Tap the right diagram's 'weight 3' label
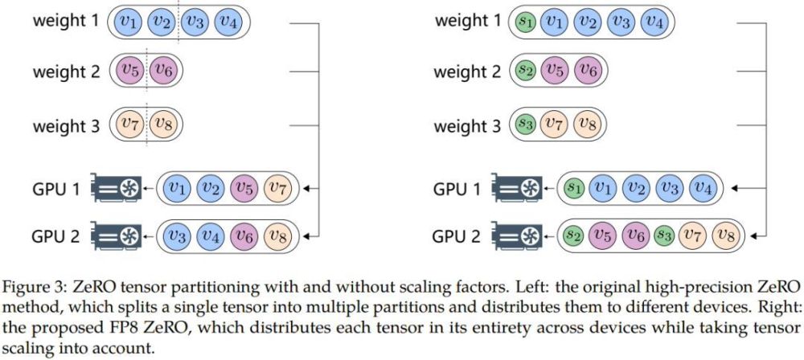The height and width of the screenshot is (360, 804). pyautogui.click(x=467, y=125)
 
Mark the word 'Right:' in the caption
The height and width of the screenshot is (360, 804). pyautogui.click(x=779, y=305)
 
